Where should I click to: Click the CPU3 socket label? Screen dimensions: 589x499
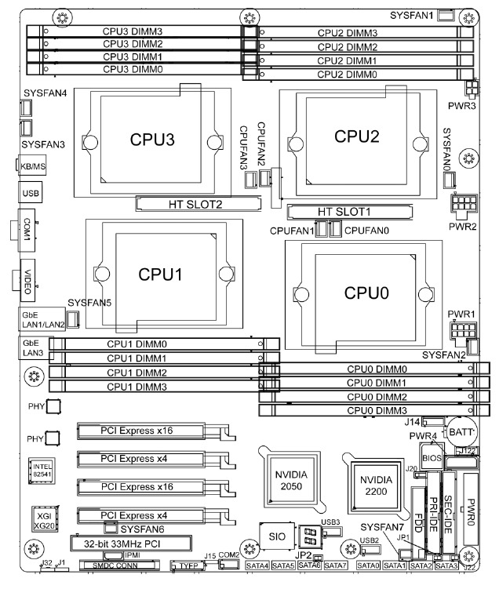153,140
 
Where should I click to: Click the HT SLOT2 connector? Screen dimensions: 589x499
198,205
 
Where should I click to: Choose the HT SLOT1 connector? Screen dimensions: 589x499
348,212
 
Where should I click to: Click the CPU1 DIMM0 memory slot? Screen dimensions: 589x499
165,344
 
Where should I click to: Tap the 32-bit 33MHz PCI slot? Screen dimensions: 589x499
132,542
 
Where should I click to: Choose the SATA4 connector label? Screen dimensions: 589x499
257,565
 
